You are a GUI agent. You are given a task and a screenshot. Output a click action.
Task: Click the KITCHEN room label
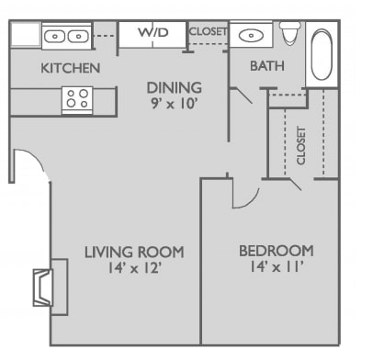point(71,68)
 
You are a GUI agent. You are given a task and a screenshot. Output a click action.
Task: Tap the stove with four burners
point(77,100)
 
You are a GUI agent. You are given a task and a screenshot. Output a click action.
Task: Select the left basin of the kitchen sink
point(54,37)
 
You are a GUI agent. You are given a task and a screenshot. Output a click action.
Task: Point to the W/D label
point(153,32)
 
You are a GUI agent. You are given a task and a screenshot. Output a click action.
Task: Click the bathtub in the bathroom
point(322,54)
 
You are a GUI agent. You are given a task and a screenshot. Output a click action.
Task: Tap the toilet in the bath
point(290,33)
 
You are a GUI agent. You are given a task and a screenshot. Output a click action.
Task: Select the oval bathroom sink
point(251,36)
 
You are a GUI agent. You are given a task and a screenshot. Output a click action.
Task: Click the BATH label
point(267,66)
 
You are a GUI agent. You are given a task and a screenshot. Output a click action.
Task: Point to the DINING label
point(175,88)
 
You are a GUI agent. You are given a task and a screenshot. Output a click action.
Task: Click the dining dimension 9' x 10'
point(174,104)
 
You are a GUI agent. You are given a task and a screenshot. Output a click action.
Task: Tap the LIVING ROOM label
point(134,252)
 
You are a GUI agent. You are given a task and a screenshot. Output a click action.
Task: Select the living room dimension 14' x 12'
point(134,268)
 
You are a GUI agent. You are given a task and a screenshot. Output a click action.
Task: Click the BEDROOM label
point(277,251)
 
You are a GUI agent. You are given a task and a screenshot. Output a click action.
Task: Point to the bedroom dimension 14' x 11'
point(277,267)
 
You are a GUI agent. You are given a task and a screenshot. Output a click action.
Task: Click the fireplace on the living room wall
point(51,287)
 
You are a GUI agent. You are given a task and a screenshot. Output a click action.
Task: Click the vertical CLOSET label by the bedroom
point(300,146)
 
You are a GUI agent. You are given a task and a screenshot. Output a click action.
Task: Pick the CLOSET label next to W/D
point(209,31)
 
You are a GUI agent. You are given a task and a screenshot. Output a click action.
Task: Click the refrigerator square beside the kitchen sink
point(26,34)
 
